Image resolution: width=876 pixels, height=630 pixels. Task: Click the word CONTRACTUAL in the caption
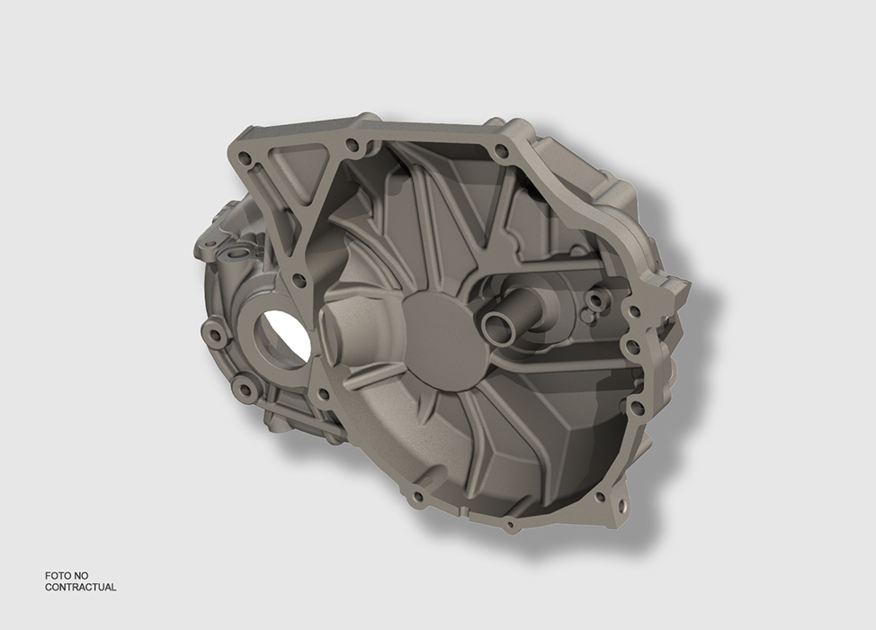tap(80, 587)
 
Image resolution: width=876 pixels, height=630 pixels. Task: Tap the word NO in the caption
tap(81, 575)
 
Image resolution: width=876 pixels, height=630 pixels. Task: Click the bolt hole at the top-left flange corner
tap(245, 156)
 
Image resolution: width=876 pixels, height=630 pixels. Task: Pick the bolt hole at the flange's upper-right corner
tap(502, 149)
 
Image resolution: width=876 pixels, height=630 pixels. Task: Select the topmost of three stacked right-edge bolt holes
tap(634, 310)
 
